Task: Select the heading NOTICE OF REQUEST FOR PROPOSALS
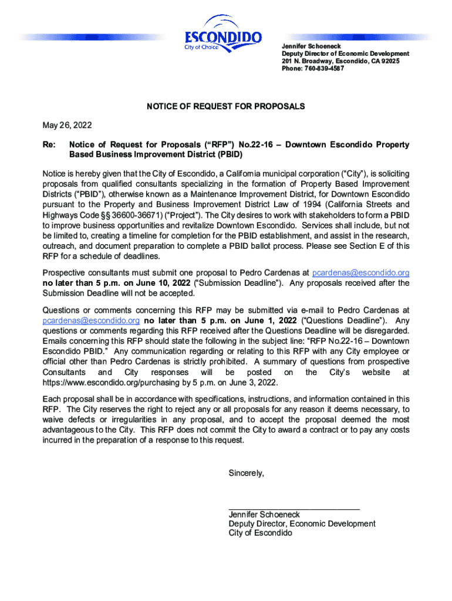[225, 107]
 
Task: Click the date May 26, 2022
[67, 126]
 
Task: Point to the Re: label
[49, 144]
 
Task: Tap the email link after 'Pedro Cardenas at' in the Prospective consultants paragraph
[360, 273]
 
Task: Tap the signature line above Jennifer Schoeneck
[294, 509]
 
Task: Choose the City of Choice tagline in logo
[201, 47]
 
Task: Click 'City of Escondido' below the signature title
[260, 533]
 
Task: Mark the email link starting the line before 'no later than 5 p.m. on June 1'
[91, 320]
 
